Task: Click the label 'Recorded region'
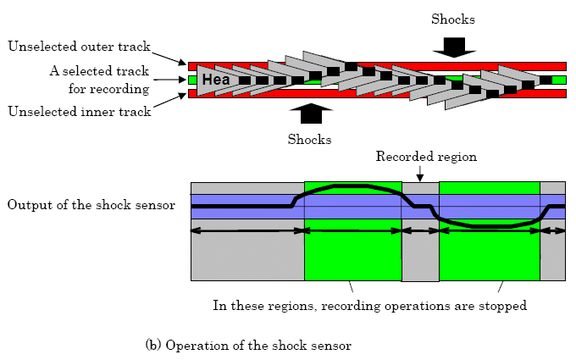[426, 157]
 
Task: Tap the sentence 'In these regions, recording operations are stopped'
[370, 305]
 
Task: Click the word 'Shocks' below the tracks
[311, 139]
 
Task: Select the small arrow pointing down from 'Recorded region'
[420, 173]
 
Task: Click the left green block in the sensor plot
[352, 254]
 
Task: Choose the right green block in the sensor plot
[489, 254]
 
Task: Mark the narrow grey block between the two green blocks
[420, 254]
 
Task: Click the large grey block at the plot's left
[246, 254]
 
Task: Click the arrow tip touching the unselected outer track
[188, 64]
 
